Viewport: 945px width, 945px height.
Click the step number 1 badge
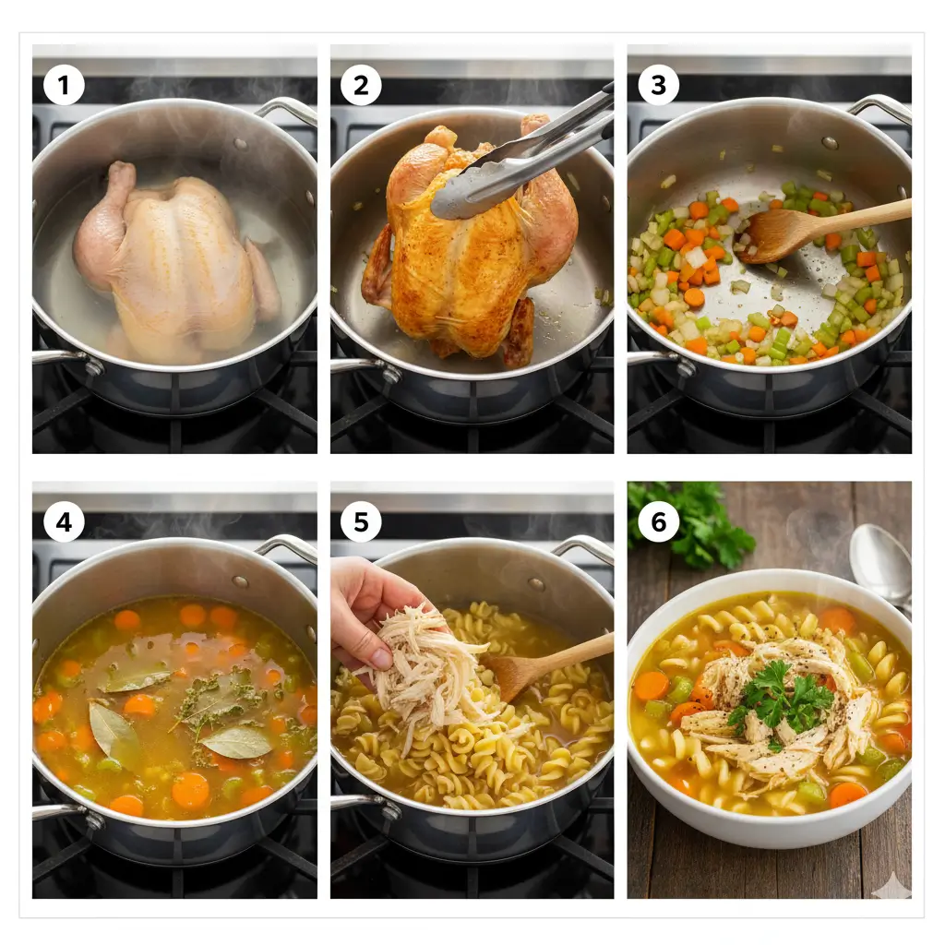coord(64,86)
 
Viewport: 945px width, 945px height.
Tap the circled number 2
coord(360,86)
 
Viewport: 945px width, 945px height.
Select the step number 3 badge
coord(658,86)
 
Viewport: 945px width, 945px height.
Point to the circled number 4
coord(64,522)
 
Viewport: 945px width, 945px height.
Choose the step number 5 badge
coord(360,522)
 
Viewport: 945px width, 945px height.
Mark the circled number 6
coord(658,522)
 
